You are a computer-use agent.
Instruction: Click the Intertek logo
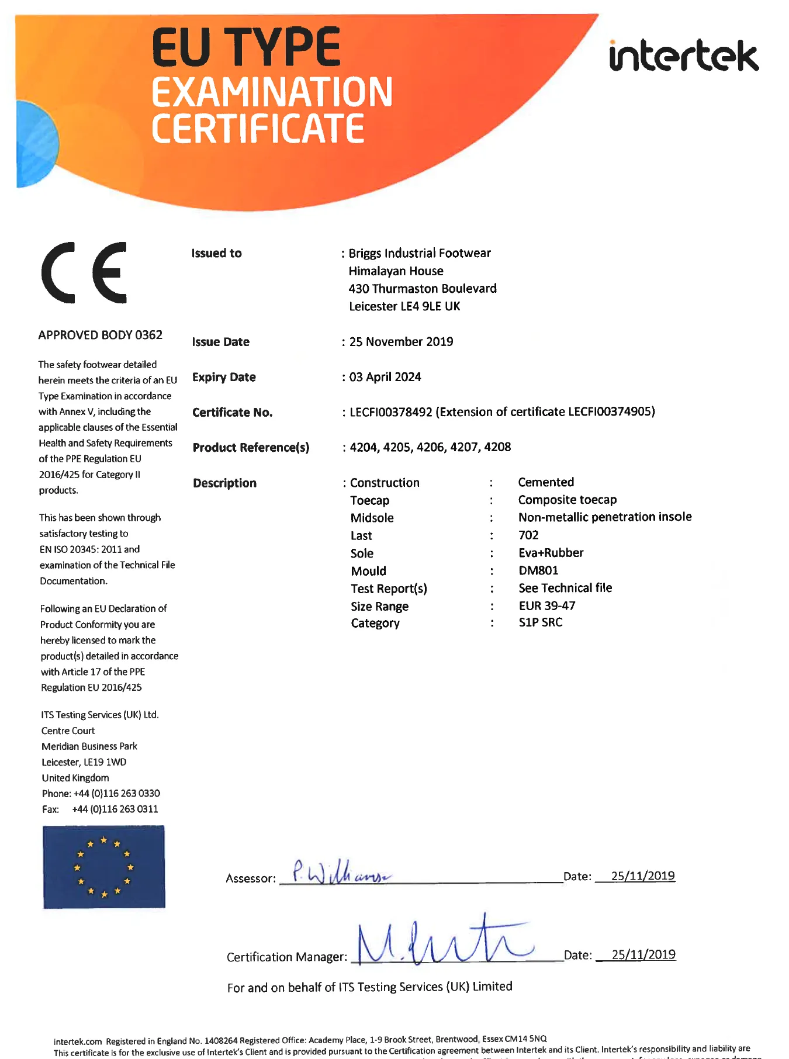683,56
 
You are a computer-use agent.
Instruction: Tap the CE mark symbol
84,272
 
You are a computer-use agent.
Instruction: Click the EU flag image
104,867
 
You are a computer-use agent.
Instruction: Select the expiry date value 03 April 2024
385,377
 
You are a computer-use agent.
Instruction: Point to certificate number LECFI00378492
390,412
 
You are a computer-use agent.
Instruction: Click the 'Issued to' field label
216,253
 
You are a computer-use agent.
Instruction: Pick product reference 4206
431,447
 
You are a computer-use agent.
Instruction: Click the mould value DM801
538,570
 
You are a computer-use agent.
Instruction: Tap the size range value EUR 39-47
547,605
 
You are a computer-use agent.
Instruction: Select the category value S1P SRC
541,622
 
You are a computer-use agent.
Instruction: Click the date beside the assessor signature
643,875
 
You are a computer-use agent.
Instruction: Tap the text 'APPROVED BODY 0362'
100,335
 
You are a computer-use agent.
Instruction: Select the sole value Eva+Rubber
551,553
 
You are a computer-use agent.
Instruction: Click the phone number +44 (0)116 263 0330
116,793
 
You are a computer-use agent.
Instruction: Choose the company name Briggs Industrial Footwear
420,253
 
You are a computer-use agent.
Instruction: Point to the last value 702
528,535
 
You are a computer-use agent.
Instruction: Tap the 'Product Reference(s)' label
251,448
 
